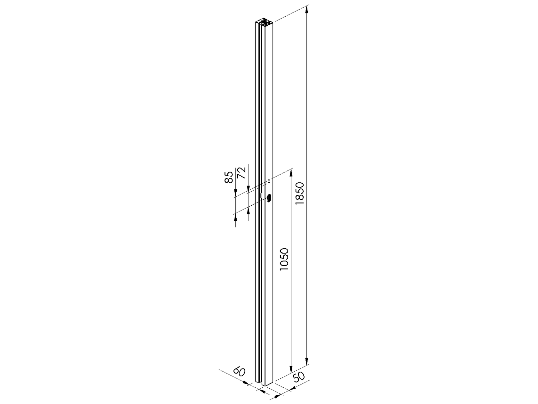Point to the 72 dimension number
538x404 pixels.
(x=242, y=173)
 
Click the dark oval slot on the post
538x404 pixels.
(x=268, y=198)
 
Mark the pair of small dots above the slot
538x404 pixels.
(x=269, y=181)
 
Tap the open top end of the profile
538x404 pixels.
(x=264, y=23)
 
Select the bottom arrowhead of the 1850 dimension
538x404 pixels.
(x=307, y=362)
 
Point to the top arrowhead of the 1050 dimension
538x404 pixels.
(x=291, y=173)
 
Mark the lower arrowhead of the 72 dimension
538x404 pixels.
(x=249, y=210)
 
